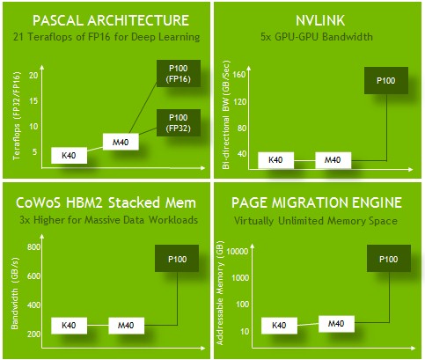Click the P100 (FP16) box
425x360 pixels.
coord(179,73)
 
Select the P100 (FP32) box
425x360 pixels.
coord(179,122)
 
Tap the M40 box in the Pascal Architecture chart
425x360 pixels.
coord(121,142)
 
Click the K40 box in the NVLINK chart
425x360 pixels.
coord(275,160)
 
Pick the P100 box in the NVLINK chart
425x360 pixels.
coord(386,80)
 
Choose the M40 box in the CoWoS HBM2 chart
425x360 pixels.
coord(126,326)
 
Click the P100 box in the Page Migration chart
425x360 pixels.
coord(389,259)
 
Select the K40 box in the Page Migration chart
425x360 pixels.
coord(279,326)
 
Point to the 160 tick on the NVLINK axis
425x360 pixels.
coord(239,75)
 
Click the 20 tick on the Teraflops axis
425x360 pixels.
coord(33,76)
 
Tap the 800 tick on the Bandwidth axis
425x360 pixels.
coord(33,246)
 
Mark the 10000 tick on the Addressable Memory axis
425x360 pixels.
coord(238,251)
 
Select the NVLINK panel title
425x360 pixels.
coord(320,20)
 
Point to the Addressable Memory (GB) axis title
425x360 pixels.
coord(220,293)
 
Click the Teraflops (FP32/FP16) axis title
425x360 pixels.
coord(17,116)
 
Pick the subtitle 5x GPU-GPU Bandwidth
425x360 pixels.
coord(317,37)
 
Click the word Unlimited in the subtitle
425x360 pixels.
coord(301,220)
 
